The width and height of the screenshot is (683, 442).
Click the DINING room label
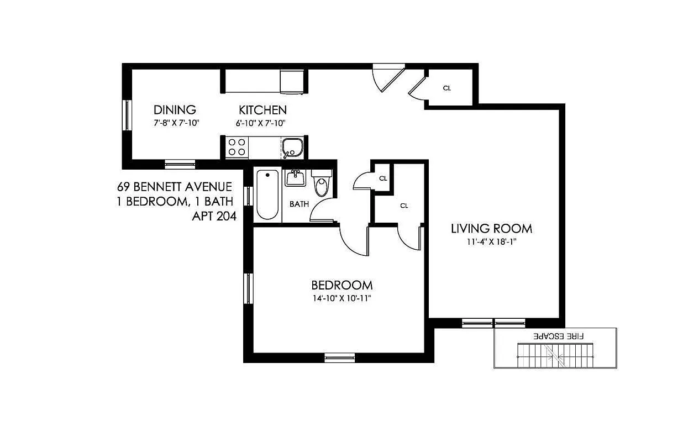pyautogui.click(x=175, y=109)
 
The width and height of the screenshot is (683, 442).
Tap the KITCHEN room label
pyautogui.click(x=262, y=109)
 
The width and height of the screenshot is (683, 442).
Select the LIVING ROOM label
pyautogui.click(x=491, y=228)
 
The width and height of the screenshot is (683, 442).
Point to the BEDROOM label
pyautogui.click(x=341, y=285)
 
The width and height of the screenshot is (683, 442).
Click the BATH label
pyautogui.click(x=299, y=204)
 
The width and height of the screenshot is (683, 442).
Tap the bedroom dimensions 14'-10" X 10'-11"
pyautogui.click(x=341, y=299)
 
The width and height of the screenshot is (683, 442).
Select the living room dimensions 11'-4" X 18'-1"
pyautogui.click(x=491, y=241)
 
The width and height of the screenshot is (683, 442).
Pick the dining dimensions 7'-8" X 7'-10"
pyautogui.click(x=176, y=123)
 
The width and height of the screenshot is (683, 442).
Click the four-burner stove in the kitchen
pyautogui.click(x=237, y=147)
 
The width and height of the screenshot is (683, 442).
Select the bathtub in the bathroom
pyautogui.click(x=267, y=195)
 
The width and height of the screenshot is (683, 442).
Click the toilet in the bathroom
pyautogui.click(x=321, y=185)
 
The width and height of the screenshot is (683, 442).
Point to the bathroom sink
pyautogui.click(x=295, y=178)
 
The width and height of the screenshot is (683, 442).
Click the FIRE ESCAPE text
pyautogui.click(x=559, y=335)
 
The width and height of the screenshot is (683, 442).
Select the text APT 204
pyautogui.click(x=214, y=217)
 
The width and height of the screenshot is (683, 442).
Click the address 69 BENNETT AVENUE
pyautogui.click(x=174, y=187)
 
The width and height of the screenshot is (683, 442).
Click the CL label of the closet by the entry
pyautogui.click(x=447, y=88)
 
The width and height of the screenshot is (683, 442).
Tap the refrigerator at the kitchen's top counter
pyautogui.click(x=292, y=82)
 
